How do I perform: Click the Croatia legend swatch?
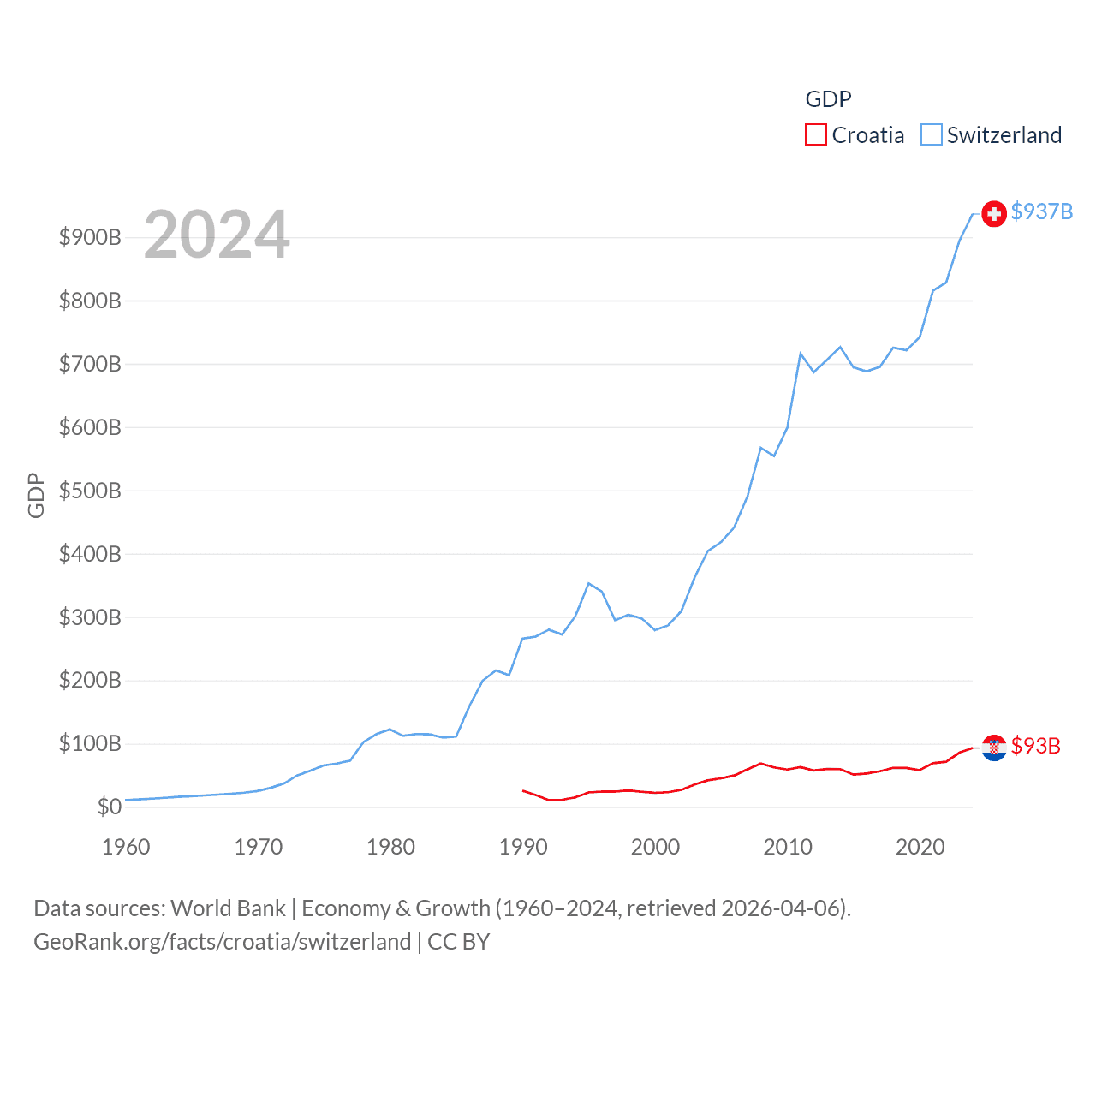[x=815, y=135]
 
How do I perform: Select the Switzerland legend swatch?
[x=931, y=135]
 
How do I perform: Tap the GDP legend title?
[x=828, y=99]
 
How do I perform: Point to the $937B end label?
[x=1041, y=211]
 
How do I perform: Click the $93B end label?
[x=1035, y=746]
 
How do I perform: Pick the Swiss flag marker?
[x=993, y=214]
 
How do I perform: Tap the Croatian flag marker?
[x=993, y=748]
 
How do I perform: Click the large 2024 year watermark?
[x=217, y=235]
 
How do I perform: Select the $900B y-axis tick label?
[x=90, y=237]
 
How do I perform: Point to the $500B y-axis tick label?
[x=90, y=491]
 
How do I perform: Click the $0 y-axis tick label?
[x=109, y=807]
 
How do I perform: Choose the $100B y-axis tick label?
[x=90, y=743]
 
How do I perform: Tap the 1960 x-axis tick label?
[x=126, y=847]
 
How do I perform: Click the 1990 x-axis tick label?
[x=523, y=847]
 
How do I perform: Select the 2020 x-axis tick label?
[x=920, y=847]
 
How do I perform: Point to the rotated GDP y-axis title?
[x=36, y=495]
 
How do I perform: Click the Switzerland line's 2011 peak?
[x=801, y=354]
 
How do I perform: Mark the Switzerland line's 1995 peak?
[x=588, y=584]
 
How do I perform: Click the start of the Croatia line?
[x=523, y=790]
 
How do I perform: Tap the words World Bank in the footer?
[x=228, y=908]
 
